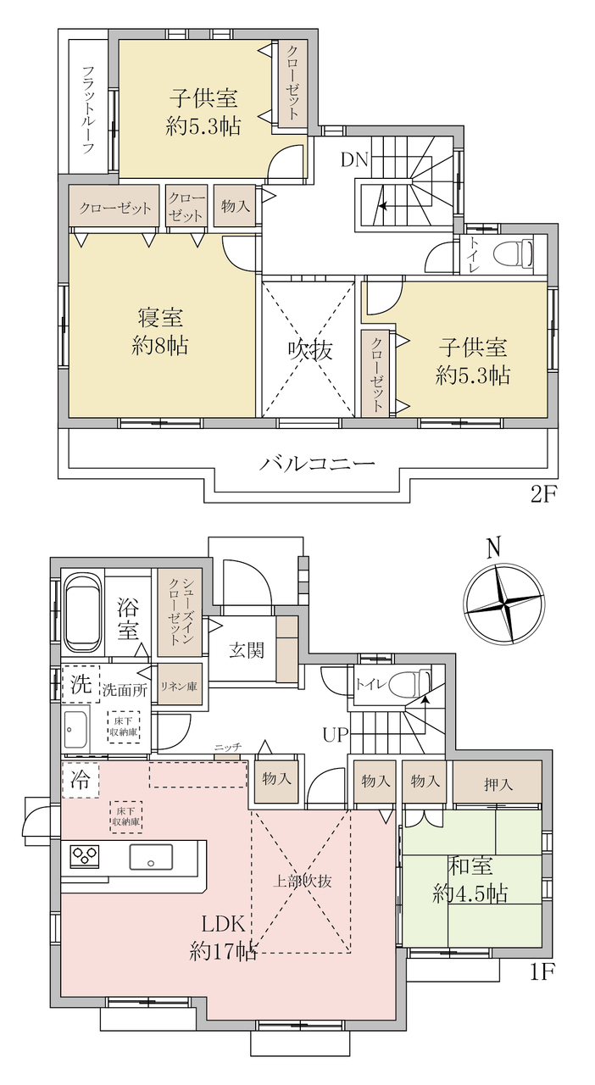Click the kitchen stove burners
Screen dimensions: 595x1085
(x=85, y=855)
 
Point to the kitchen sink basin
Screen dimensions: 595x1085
(x=151, y=857)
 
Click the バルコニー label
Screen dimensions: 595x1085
(x=317, y=464)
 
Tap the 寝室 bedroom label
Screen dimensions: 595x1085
(x=160, y=319)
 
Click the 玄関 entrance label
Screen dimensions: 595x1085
(x=247, y=650)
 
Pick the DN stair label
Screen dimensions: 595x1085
(x=354, y=160)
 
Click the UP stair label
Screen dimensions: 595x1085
(x=336, y=735)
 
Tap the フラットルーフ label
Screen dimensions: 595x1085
(x=87, y=110)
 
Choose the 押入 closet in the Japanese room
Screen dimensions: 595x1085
(x=498, y=784)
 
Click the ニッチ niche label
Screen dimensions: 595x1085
(x=228, y=747)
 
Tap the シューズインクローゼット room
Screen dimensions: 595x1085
(x=180, y=612)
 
